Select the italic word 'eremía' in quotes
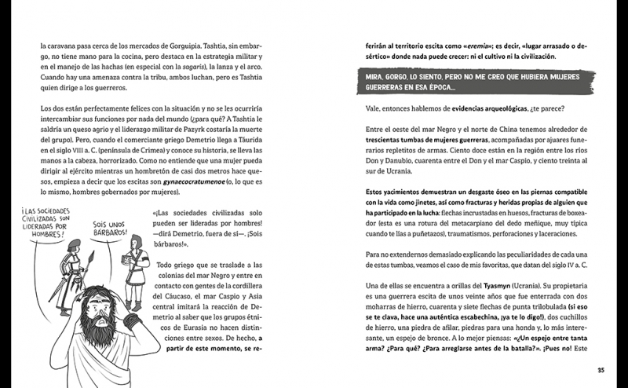click(492, 46)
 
